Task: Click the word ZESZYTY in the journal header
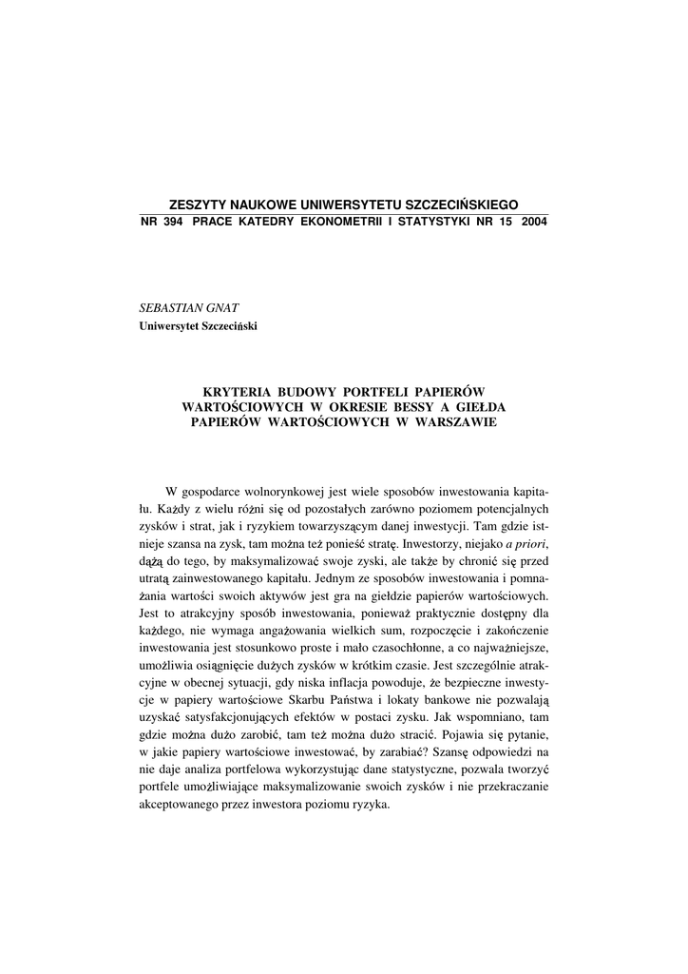tap(196, 205)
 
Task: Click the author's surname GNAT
tap(220, 310)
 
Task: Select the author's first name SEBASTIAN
tap(170, 310)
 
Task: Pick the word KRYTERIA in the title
tap(241, 391)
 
